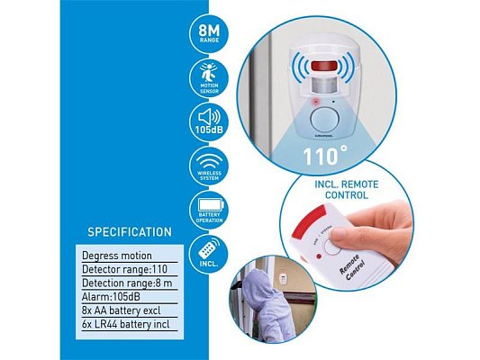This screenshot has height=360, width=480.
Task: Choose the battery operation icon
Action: point(209,210)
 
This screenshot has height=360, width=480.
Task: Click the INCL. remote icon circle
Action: point(209,253)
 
